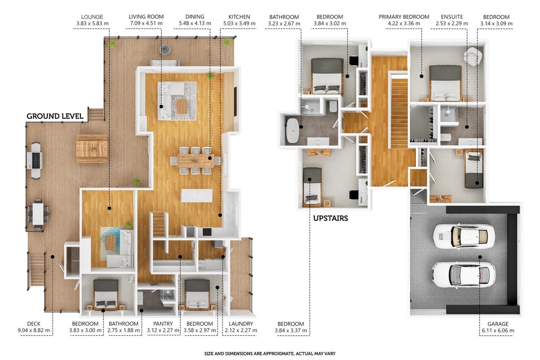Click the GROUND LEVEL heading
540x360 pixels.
click(55, 116)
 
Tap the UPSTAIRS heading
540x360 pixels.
click(330, 218)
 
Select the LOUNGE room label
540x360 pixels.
click(92, 17)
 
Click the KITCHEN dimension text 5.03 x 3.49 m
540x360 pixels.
click(239, 24)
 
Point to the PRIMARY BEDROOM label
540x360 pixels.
click(404, 17)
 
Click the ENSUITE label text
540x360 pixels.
click(452, 17)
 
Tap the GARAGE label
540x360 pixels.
click(498, 324)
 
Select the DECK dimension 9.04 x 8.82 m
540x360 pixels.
click(34, 330)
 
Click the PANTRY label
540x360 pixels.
click(163, 324)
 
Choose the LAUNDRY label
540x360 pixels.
click(241, 324)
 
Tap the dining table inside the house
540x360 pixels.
click(196, 161)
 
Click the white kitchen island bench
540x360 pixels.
click(197, 195)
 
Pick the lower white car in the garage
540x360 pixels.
click(464, 275)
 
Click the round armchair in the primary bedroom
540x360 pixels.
click(473, 56)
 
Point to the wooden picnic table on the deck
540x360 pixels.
click(92, 149)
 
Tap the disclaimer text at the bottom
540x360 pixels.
click(270, 354)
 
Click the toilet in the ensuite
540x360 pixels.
click(446, 137)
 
